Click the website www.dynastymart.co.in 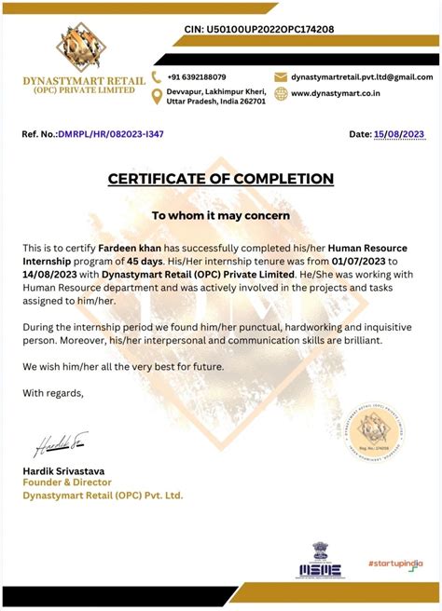333,93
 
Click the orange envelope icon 280,76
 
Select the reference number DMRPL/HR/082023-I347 111,135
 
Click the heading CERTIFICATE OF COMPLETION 220,178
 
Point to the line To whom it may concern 221,215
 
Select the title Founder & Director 67,482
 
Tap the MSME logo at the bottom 320,561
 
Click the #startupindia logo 394,563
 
